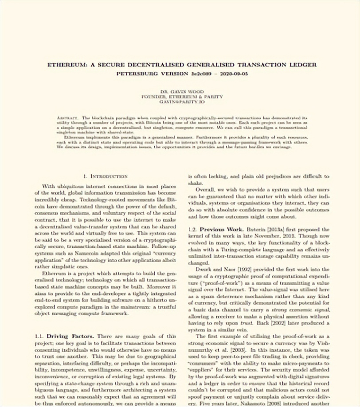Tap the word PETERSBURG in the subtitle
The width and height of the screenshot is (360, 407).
135,72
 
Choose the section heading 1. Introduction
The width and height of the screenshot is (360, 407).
106,176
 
